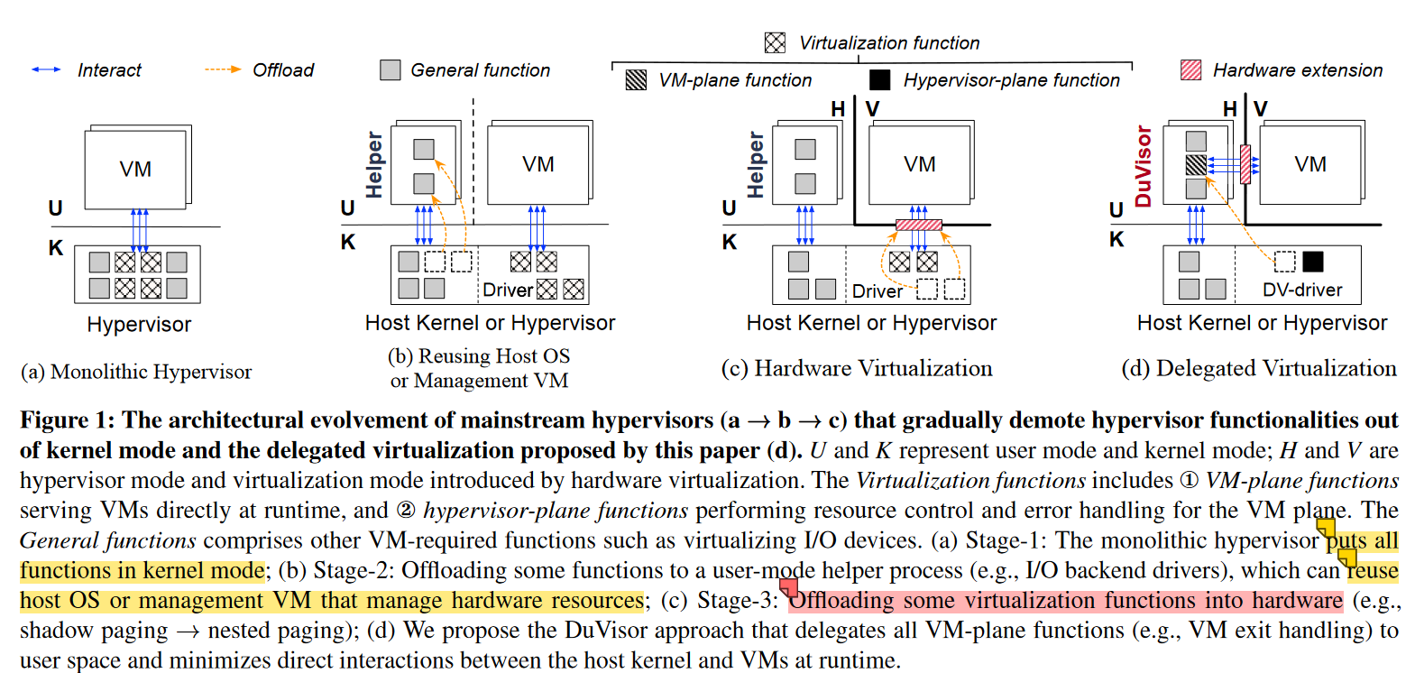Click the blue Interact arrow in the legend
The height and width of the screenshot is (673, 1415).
[x=46, y=69]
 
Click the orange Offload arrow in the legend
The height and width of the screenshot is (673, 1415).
[x=223, y=69]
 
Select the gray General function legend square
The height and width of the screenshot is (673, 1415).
[x=390, y=70]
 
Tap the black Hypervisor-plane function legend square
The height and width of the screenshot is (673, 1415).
[x=879, y=80]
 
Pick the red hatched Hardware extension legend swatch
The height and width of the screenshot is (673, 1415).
[x=1190, y=70]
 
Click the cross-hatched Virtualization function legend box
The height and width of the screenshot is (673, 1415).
[x=775, y=42]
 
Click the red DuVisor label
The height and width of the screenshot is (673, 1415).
[x=1144, y=166]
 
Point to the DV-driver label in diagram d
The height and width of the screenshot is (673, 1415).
[x=1301, y=290]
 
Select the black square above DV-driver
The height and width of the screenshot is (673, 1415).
[x=1313, y=262]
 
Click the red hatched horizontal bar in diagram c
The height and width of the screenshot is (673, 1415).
[x=918, y=225]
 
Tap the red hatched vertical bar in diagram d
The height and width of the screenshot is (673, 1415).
[x=1245, y=164]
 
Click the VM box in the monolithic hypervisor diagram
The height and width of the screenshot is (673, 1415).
[x=135, y=169]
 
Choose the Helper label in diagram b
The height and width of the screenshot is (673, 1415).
[x=374, y=164]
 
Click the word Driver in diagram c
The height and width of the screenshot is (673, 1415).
[x=877, y=291]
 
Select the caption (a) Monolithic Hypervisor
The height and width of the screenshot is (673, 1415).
[x=136, y=372]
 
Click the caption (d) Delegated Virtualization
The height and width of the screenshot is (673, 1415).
[x=1258, y=368]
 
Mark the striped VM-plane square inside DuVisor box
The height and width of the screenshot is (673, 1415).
[x=1196, y=164]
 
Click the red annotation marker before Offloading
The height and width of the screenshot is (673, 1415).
[x=788, y=588]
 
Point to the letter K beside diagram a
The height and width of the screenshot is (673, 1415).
[x=56, y=248]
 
